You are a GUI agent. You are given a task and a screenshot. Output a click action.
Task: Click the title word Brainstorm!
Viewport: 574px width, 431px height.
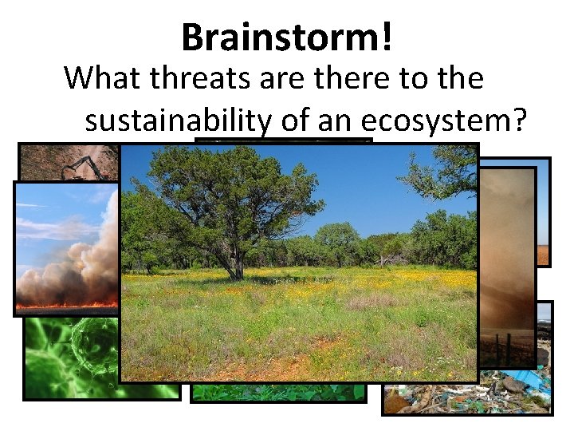(286, 36)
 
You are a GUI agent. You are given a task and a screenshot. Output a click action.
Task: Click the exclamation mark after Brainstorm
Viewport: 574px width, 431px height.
(387, 36)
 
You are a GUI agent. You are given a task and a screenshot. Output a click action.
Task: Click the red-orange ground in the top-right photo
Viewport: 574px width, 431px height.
(543, 254)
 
